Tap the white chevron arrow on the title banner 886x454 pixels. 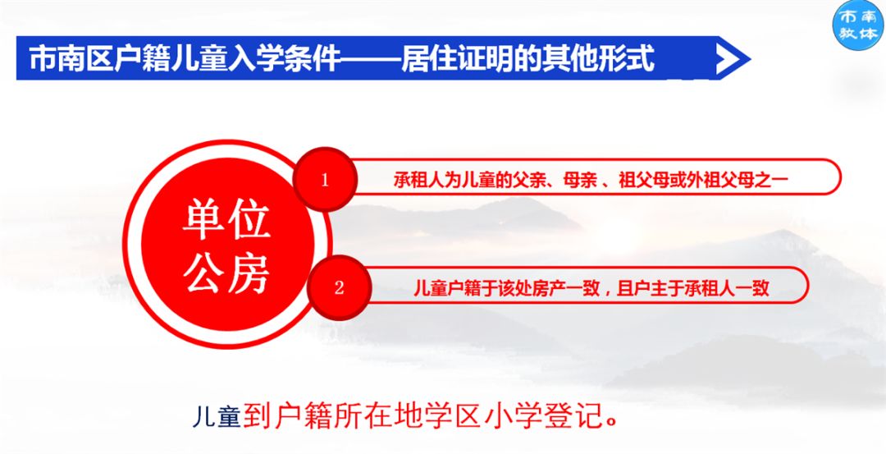(x=733, y=58)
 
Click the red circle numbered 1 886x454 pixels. (x=325, y=180)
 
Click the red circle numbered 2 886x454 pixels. (x=340, y=287)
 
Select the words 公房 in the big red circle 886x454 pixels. (x=226, y=273)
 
